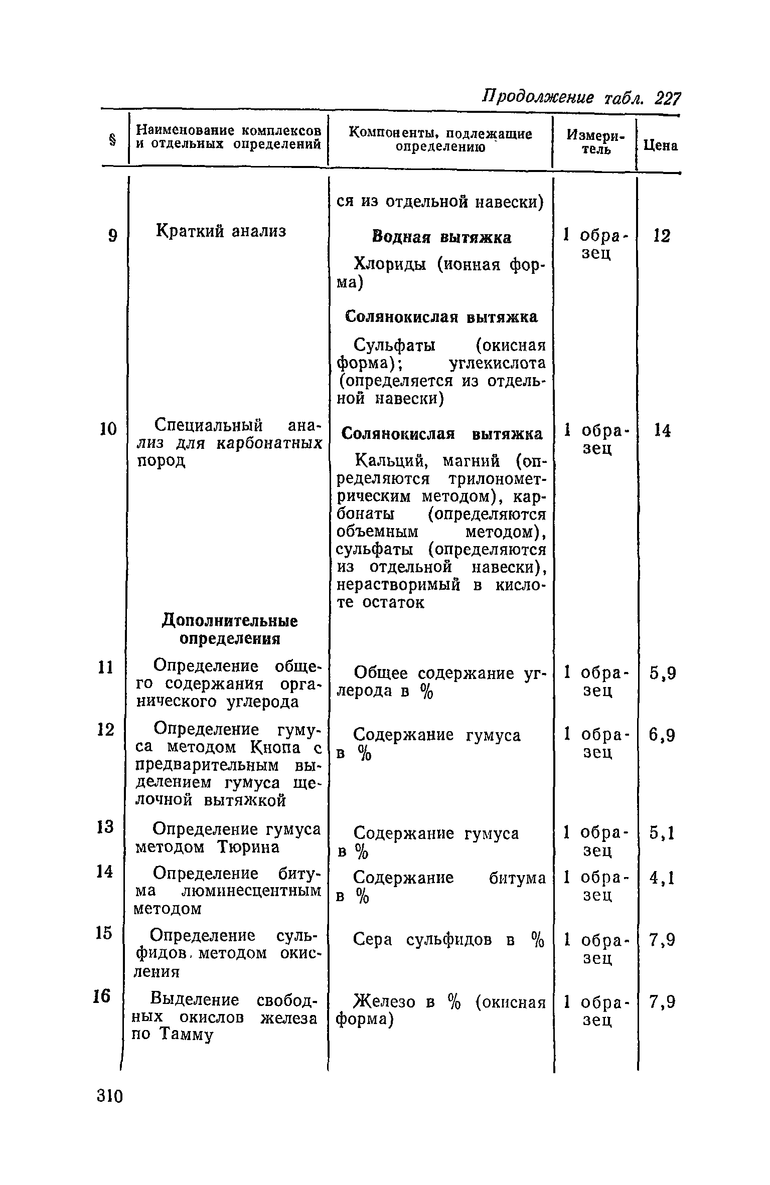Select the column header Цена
[x=661, y=146]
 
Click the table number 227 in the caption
[x=668, y=97]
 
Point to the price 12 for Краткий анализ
[x=662, y=236]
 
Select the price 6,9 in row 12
[x=663, y=736]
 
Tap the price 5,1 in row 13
[x=663, y=833]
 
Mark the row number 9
[x=113, y=236]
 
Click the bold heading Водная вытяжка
[x=441, y=237]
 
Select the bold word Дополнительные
[x=229, y=621]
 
